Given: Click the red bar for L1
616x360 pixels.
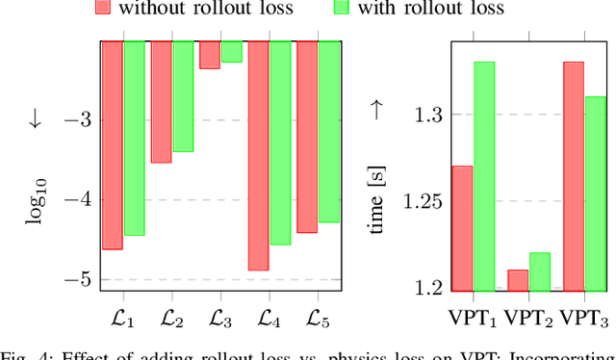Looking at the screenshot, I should click(113, 144).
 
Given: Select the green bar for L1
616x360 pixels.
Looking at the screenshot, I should click(134, 138).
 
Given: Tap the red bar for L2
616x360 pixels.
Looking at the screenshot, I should click(161, 102).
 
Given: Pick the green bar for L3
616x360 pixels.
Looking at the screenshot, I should click(231, 52).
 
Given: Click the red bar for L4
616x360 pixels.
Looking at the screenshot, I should click(258, 155).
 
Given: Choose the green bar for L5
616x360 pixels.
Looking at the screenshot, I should click(329, 131).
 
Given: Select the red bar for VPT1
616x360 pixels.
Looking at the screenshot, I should click(463, 227).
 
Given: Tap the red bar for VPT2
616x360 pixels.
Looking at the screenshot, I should click(518, 279).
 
